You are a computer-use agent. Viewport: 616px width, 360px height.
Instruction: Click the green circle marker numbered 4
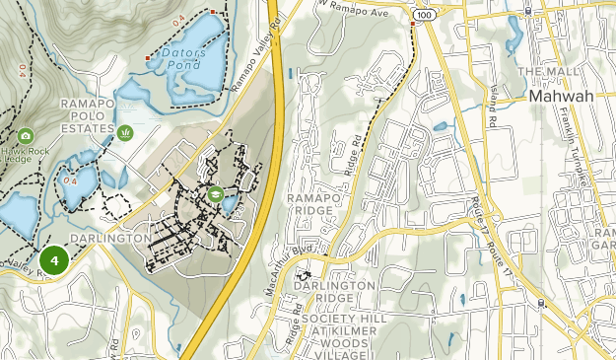53,260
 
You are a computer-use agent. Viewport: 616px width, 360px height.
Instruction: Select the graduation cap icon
215,193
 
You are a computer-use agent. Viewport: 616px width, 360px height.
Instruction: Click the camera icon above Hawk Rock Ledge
25,136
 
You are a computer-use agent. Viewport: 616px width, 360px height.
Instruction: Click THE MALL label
550,73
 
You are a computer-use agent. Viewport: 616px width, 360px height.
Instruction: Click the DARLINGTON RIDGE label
333,292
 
